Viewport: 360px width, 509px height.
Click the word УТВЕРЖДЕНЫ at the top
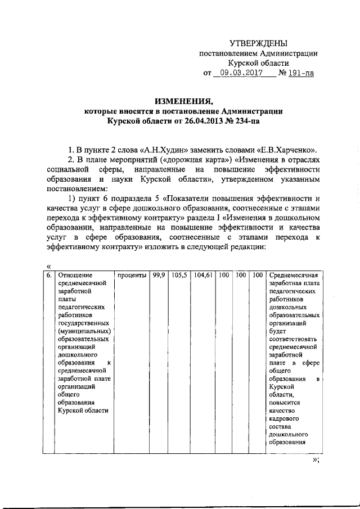click(258, 43)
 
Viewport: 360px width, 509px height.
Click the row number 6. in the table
click(49, 276)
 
